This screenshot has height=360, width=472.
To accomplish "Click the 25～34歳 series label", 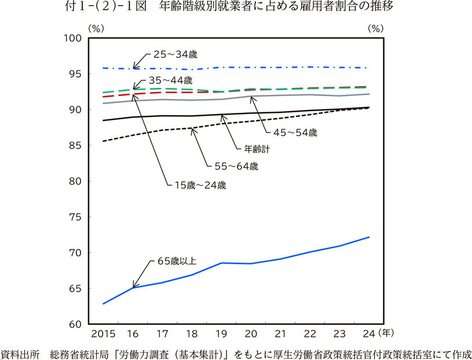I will click(x=175, y=54).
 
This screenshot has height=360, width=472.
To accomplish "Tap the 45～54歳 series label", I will click(x=295, y=133).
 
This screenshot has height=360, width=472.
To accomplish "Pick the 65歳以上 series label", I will click(x=177, y=261).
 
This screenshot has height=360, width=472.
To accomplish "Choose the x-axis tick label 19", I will click(x=221, y=334).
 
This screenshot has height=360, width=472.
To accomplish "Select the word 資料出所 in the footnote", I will click(x=20, y=353).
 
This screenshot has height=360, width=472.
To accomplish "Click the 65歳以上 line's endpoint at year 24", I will click(x=369, y=237).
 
